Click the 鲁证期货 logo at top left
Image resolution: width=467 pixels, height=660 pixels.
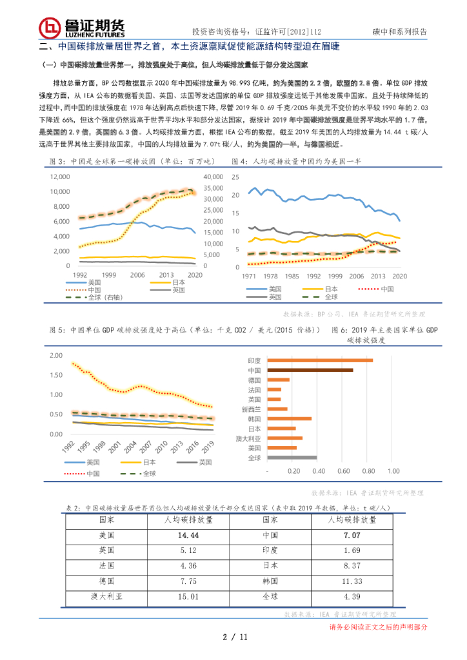[81, 27]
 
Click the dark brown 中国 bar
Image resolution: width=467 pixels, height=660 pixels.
[310, 370]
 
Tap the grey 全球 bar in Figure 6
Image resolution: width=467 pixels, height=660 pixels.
[292, 458]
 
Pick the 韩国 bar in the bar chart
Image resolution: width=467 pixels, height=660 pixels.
[289, 419]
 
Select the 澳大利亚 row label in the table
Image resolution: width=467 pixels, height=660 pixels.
[106, 597]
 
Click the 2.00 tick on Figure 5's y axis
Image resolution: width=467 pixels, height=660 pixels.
[55, 356]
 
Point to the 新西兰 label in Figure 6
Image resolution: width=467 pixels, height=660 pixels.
[251, 409]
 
